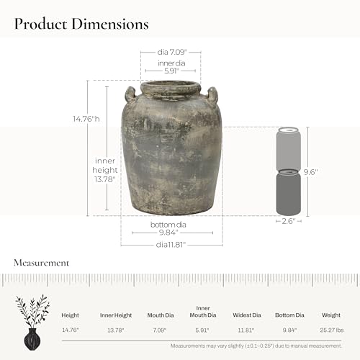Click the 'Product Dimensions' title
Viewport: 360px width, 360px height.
tap(81, 24)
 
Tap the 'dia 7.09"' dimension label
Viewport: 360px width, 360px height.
tap(172, 52)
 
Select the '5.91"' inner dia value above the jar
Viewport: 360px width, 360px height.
tap(171, 71)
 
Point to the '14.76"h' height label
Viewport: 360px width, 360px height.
tap(86, 119)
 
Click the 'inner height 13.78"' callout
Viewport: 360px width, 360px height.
tap(105, 170)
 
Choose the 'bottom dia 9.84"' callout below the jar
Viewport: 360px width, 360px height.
tap(168, 228)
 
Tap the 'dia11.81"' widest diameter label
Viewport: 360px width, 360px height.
tap(171, 245)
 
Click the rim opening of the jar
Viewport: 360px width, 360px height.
tap(170, 86)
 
